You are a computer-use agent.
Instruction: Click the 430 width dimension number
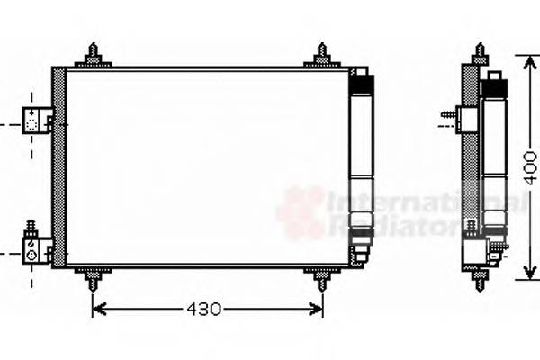click(204, 310)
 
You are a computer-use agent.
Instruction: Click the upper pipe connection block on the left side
click(37, 119)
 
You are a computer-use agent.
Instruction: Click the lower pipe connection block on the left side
click(37, 247)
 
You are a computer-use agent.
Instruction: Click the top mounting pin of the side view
click(479, 53)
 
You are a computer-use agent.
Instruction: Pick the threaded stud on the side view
click(447, 116)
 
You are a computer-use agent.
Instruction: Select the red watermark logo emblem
click(301, 212)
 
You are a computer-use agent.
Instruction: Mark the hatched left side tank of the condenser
click(59, 167)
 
